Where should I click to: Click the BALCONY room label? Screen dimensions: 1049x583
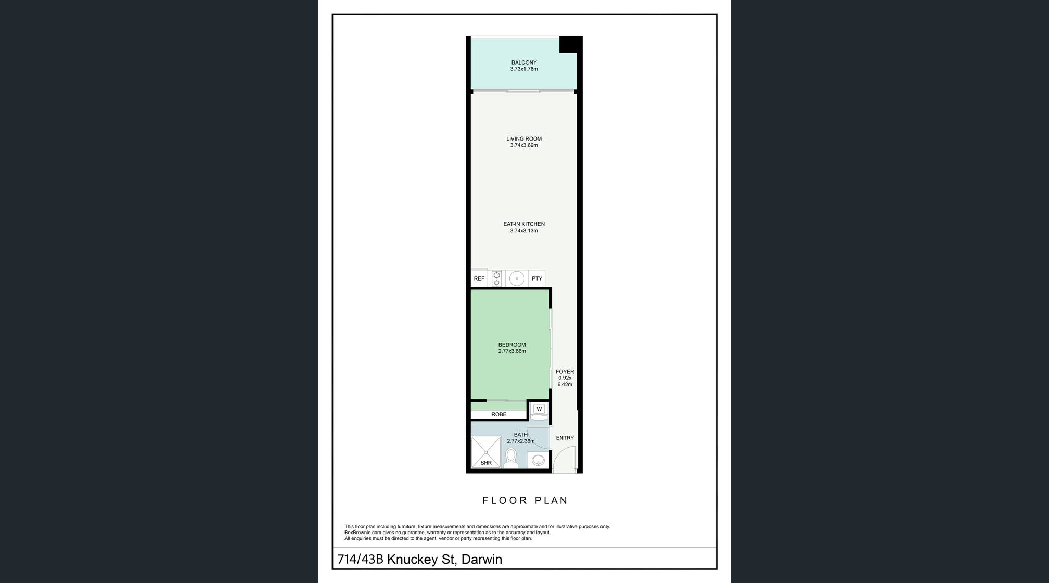(x=524, y=62)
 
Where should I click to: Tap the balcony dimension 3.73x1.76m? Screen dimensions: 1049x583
(x=524, y=69)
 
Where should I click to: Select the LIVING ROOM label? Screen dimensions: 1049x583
(x=524, y=139)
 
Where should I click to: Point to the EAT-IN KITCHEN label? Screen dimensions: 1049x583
(x=524, y=224)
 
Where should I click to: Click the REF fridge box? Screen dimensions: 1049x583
(x=479, y=278)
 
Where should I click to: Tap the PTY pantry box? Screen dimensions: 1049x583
(x=537, y=278)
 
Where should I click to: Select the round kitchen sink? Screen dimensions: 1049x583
(x=517, y=278)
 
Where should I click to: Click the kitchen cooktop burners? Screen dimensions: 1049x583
(x=497, y=278)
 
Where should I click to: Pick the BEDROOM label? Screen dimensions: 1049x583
(x=512, y=345)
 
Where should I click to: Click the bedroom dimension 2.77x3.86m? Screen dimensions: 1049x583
(x=512, y=351)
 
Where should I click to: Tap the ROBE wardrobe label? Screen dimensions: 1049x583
(x=499, y=414)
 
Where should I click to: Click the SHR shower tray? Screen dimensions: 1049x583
(x=486, y=452)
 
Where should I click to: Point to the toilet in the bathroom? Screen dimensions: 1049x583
(x=511, y=458)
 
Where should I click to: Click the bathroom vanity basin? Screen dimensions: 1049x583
(x=538, y=460)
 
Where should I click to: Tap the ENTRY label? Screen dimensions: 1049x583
(x=565, y=438)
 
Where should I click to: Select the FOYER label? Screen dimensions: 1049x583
(x=565, y=372)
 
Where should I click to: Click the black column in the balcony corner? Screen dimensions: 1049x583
(x=571, y=44)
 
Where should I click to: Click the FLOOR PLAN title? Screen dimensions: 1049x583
(x=525, y=500)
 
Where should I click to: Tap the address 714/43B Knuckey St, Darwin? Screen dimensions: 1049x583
(x=420, y=560)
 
